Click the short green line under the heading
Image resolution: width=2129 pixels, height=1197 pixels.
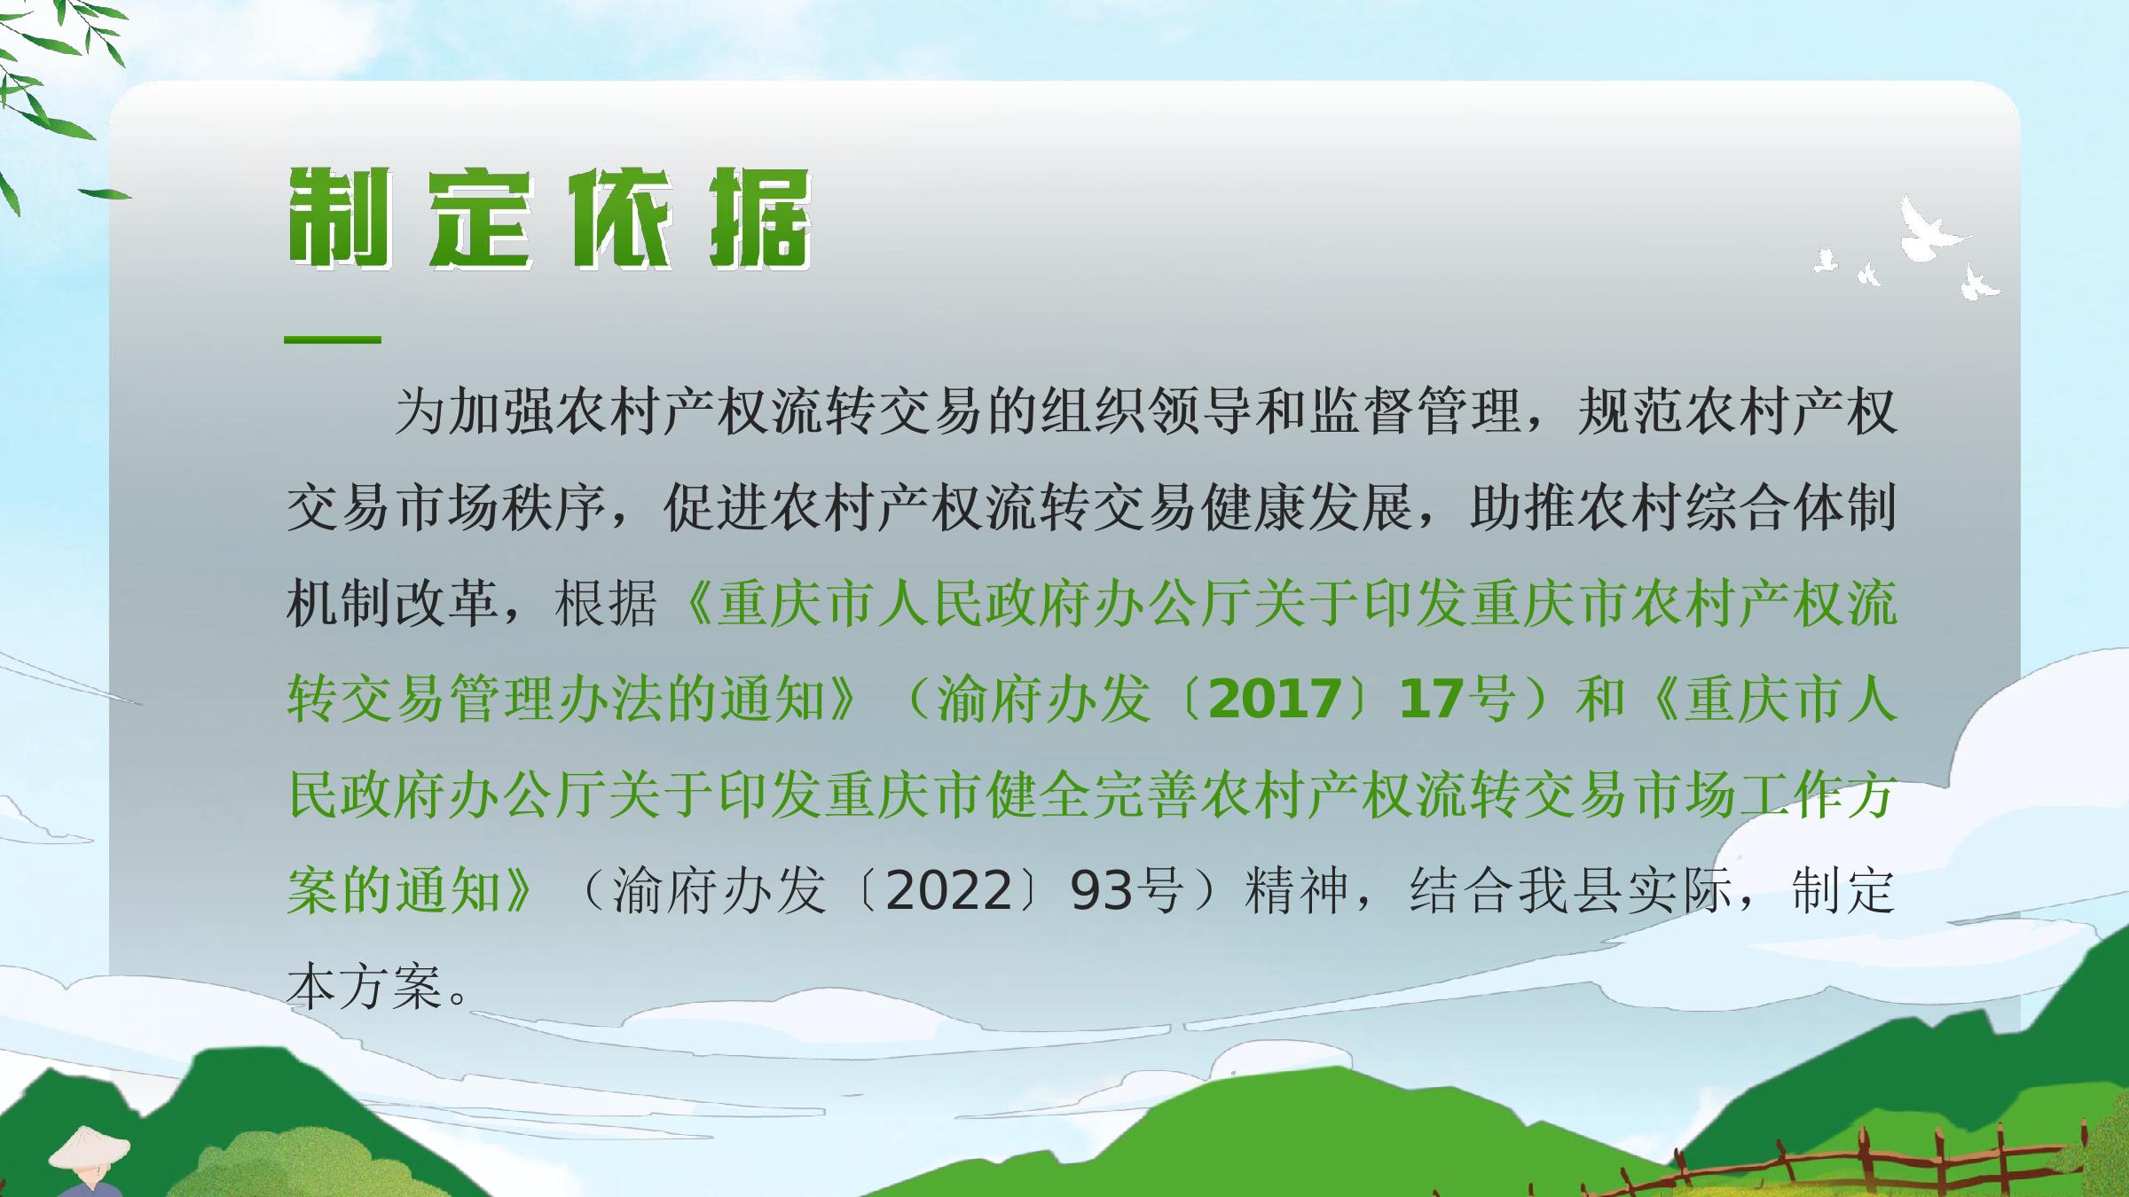tap(333, 340)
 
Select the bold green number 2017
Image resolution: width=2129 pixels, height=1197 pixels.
tap(1275, 700)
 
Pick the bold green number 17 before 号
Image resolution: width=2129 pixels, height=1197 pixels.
tap(1429, 700)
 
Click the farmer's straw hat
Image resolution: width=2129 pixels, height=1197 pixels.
tap(90, 1149)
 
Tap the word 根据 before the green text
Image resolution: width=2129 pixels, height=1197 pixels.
tap(607, 604)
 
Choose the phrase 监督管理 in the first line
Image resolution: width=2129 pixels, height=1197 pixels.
tap(1414, 412)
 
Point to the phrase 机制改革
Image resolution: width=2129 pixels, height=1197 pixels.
tap(392, 604)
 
